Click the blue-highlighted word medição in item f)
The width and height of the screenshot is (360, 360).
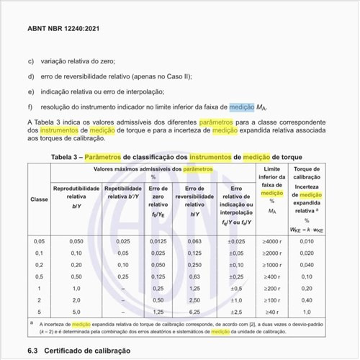pos(242,107)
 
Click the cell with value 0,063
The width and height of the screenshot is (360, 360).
pos(194,241)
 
